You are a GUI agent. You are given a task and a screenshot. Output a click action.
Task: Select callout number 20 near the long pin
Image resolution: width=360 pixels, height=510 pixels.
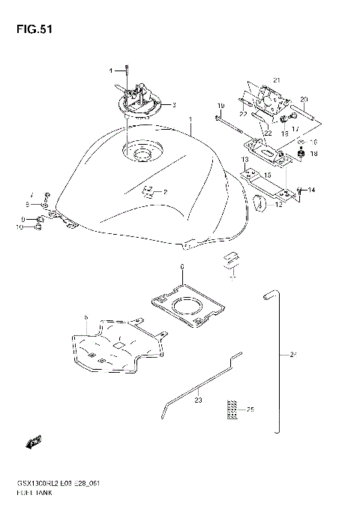304,100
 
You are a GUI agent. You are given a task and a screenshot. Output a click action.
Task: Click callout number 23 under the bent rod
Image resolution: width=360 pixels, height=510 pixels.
198,401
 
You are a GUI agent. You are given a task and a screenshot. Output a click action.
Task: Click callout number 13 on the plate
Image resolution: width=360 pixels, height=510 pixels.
245,160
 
